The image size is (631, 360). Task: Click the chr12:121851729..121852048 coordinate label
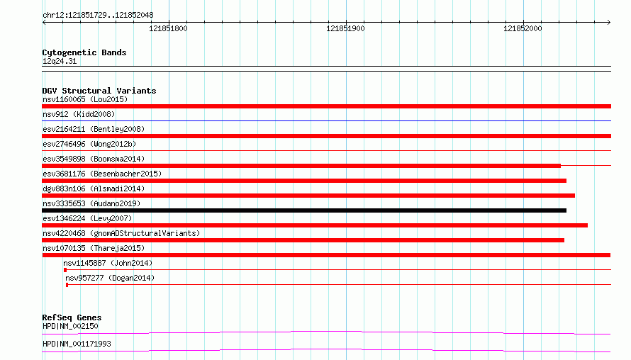coord(98,16)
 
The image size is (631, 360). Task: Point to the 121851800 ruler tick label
coord(168,28)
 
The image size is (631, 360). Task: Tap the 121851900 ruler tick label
coord(345,28)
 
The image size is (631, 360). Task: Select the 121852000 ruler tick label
coord(523,28)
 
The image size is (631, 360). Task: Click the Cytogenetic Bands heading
coord(84,52)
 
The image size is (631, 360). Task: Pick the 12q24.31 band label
coord(60,61)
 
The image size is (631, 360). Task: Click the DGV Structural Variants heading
coord(99,91)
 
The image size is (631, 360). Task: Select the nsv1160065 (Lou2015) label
coord(85,99)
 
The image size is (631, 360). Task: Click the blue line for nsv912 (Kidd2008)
coord(326,120)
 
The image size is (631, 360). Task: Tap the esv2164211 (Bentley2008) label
coord(94,129)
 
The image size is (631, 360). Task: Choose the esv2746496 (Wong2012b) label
coord(89,144)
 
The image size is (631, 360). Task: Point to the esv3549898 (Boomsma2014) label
coord(94,159)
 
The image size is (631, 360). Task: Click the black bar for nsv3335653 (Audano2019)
coord(304,210)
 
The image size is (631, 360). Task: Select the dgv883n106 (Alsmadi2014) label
coord(94,189)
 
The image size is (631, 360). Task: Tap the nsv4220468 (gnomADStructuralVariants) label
coord(121,233)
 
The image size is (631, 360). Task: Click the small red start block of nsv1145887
coord(65,270)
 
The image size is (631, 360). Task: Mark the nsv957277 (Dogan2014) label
coord(110,278)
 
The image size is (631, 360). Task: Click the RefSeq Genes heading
coord(72,317)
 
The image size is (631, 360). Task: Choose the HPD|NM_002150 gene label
coord(70,326)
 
